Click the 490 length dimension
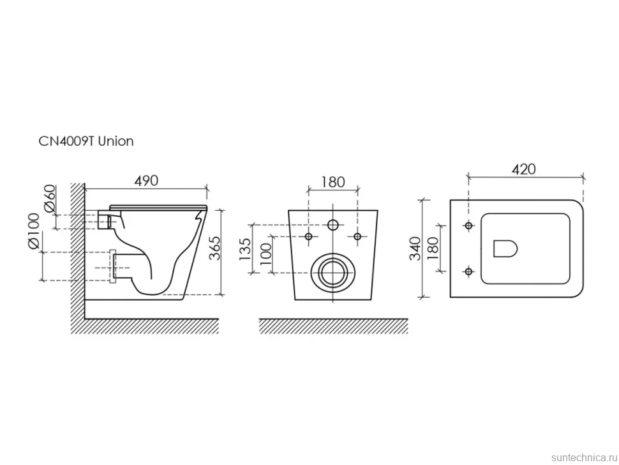tap(146, 181)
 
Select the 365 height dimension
tap(215, 248)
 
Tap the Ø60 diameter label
tap(50, 198)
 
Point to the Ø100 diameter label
tap(34, 231)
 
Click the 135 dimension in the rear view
tap(245, 249)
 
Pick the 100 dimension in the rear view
tap(266, 254)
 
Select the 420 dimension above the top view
tap(524, 169)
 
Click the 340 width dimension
tap(415, 248)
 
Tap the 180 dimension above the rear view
tap(332, 182)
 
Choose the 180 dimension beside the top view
tap(433, 248)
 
